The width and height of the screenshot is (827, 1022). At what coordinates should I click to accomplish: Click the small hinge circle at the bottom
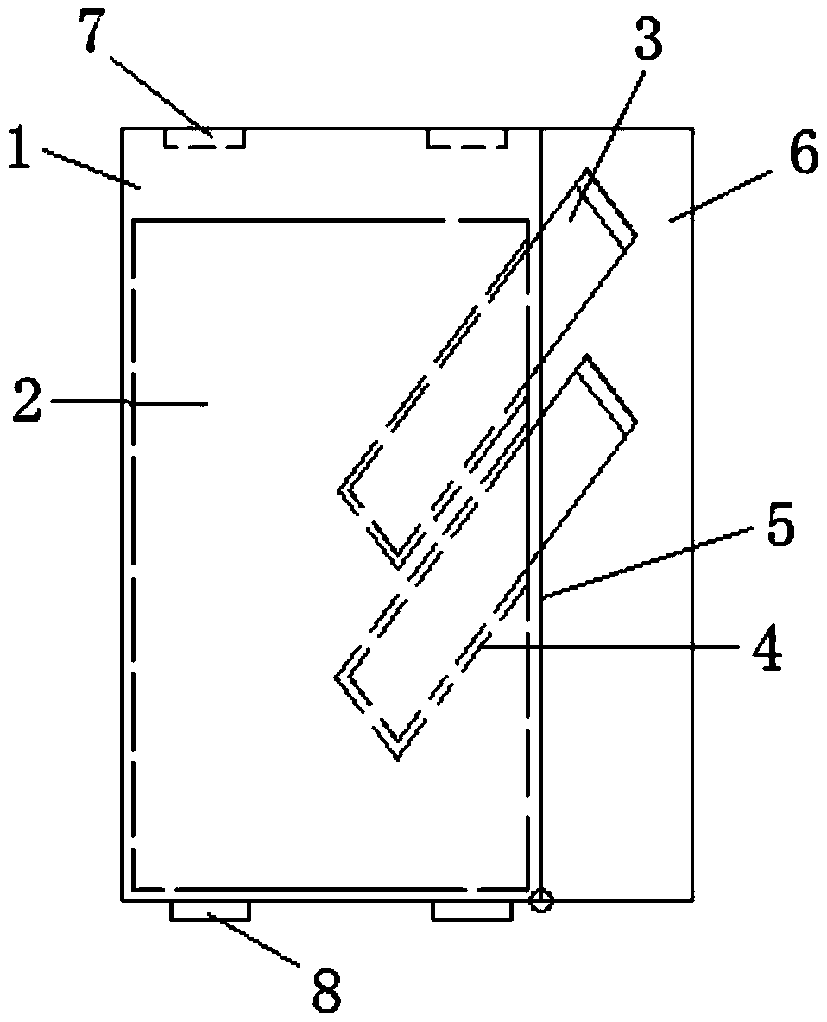point(540,902)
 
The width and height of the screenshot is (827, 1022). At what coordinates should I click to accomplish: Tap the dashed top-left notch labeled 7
point(205,138)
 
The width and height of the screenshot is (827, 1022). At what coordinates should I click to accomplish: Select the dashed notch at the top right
point(467,138)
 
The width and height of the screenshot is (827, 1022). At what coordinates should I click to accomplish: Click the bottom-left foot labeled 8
point(210,911)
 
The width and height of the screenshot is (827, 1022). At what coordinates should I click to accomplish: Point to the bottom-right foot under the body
point(471,911)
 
